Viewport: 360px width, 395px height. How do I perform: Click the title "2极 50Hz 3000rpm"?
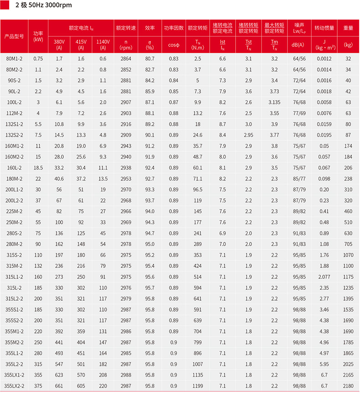[43, 6]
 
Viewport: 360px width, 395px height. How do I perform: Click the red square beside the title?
[5, 5]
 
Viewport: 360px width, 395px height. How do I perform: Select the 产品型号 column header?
[14, 36]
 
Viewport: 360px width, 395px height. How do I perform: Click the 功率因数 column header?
[174, 28]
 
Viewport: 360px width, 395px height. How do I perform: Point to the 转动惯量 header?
[324, 28]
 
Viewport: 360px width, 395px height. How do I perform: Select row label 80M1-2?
[14, 58]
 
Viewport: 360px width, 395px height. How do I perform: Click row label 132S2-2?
[14, 135]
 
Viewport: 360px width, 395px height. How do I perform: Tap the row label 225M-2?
[14, 211]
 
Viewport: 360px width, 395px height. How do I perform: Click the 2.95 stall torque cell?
[248, 135]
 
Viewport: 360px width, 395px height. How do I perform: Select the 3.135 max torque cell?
[274, 102]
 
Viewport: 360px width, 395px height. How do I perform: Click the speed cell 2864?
[126, 58]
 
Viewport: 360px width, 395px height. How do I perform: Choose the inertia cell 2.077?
[324, 277]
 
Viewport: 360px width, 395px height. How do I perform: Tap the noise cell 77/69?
[299, 113]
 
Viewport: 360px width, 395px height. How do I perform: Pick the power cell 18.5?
[38, 168]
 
